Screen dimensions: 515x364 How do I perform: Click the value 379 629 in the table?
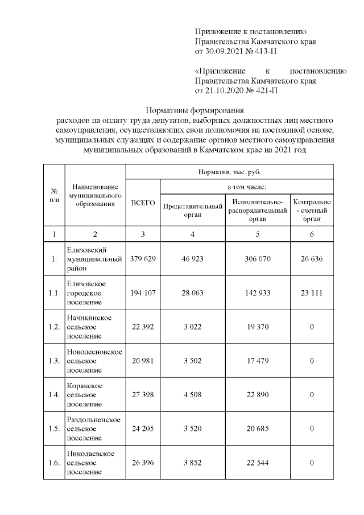coord(143,259)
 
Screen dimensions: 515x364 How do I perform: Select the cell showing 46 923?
coord(193,259)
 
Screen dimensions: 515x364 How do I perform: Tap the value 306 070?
coord(258,259)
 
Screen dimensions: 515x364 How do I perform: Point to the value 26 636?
coord(312,259)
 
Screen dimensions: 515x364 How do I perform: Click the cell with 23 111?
coord(312,293)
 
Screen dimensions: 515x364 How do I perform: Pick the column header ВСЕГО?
coord(143,203)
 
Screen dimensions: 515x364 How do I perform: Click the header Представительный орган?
coord(193,211)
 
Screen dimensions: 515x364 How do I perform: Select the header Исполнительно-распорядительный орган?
coord(258,210)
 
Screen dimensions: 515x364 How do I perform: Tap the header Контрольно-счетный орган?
coord(312,210)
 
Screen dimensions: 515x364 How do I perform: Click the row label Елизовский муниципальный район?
coord(94,259)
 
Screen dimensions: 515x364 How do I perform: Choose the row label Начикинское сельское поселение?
coord(94,327)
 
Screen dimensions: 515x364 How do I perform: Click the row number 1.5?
coord(54,429)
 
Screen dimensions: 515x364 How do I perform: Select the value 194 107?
coord(143,293)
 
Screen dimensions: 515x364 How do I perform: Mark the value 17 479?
coord(258,361)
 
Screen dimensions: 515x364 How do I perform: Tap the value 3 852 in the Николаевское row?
coord(193,463)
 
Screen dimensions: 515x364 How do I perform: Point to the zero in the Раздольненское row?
coord(312,429)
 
